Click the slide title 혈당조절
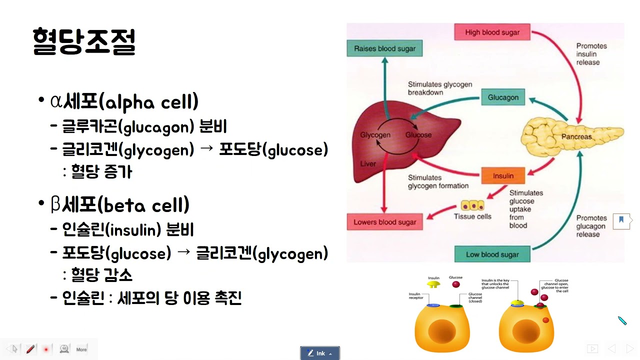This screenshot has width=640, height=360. pos(84,42)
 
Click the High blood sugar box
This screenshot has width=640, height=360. pos(492,32)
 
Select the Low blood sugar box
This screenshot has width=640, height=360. pos(492,254)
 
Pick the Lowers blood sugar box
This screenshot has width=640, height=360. pos(384,222)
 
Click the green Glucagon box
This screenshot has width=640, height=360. pos(502,97)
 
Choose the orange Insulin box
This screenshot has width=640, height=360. pos(502,176)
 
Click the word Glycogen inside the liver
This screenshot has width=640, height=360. pos(375,135)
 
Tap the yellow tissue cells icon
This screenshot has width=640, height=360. pos(472,205)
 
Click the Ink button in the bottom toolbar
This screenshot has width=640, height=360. pos(320,353)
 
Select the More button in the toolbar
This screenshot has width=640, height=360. pos(81,349)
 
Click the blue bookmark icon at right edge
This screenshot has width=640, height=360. pos(621,220)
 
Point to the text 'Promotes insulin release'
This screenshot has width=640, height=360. pos(591,54)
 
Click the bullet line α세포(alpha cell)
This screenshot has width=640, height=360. pos(124,102)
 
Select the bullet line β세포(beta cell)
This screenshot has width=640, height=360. pos(120,205)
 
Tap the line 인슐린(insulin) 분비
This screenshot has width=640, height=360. pos(127,230)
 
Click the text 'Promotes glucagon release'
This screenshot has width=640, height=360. pos(591,226)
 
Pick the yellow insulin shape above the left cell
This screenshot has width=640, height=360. pos(433,284)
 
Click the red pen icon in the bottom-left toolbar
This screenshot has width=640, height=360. pos(30,348)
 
